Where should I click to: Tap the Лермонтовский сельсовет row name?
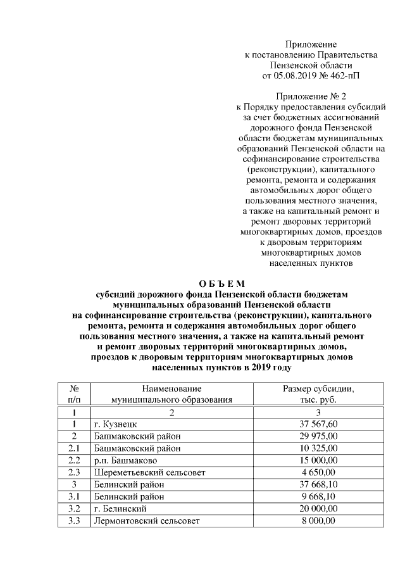[146, 520]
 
